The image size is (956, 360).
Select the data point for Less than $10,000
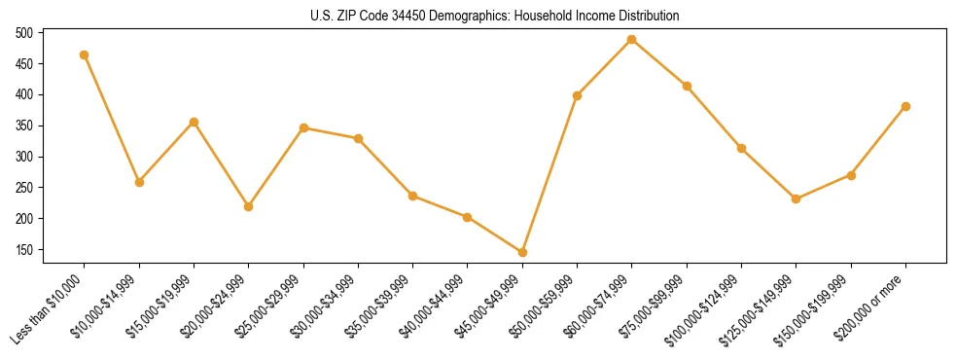click(x=85, y=54)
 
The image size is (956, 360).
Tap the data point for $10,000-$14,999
click(x=139, y=182)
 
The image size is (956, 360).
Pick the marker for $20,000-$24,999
click(x=249, y=206)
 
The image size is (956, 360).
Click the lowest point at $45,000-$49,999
click(x=522, y=252)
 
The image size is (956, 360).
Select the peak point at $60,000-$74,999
click(x=632, y=39)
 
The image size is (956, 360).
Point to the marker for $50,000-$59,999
click(x=578, y=95)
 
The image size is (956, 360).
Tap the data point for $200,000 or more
click(x=905, y=106)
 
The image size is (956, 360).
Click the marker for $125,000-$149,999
click(x=797, y=198)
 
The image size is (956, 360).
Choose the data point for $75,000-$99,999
click(x=687, y=86)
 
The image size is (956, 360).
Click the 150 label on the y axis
click(x=24, y=250)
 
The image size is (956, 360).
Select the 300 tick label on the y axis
click(x=24, y=158)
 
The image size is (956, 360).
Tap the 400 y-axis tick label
click(x=24, y=95)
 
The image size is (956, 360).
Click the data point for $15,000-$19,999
click(x=194, y=122)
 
